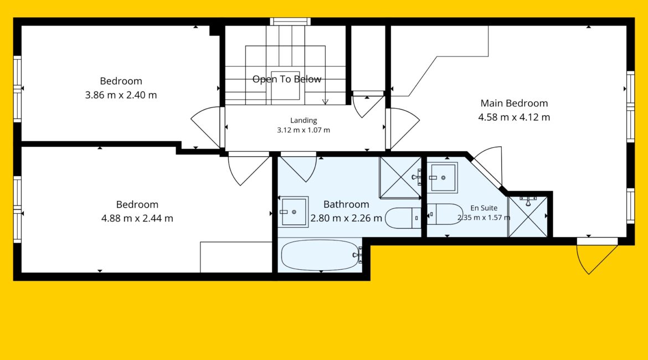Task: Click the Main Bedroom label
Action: tap(514, 104)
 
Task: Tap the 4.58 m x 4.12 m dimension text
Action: tap(514, 117)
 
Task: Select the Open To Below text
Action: tap(287, 79)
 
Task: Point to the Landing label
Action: tap(304, 120)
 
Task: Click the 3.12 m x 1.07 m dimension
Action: tap(304, 130)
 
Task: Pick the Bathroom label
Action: tap(346, 204)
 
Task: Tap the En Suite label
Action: tap(484, 208)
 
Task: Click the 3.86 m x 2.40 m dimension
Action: tap(121, 95)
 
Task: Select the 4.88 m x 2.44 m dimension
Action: tap(137, 218)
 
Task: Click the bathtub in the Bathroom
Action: tap(320, 255)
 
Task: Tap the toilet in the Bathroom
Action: tap(403, 218)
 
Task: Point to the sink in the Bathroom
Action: tap(293, 212)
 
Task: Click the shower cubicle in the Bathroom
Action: tap(400, 177)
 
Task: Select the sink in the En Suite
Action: tap(442, 178)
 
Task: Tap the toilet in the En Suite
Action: tap(445, 214)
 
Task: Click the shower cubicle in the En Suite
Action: tap(528, 217)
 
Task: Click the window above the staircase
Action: tap(290, 22)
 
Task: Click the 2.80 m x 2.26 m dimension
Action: tap(346, 218)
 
